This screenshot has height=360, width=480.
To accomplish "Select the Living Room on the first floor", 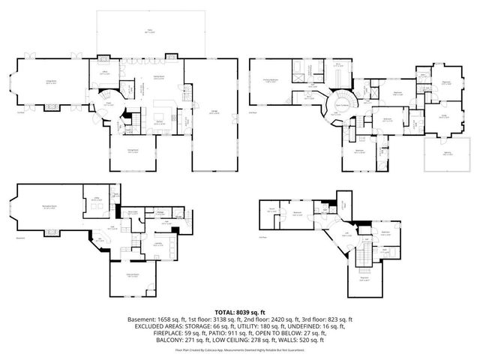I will point(51,84).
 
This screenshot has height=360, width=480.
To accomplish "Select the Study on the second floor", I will point(443,116).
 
